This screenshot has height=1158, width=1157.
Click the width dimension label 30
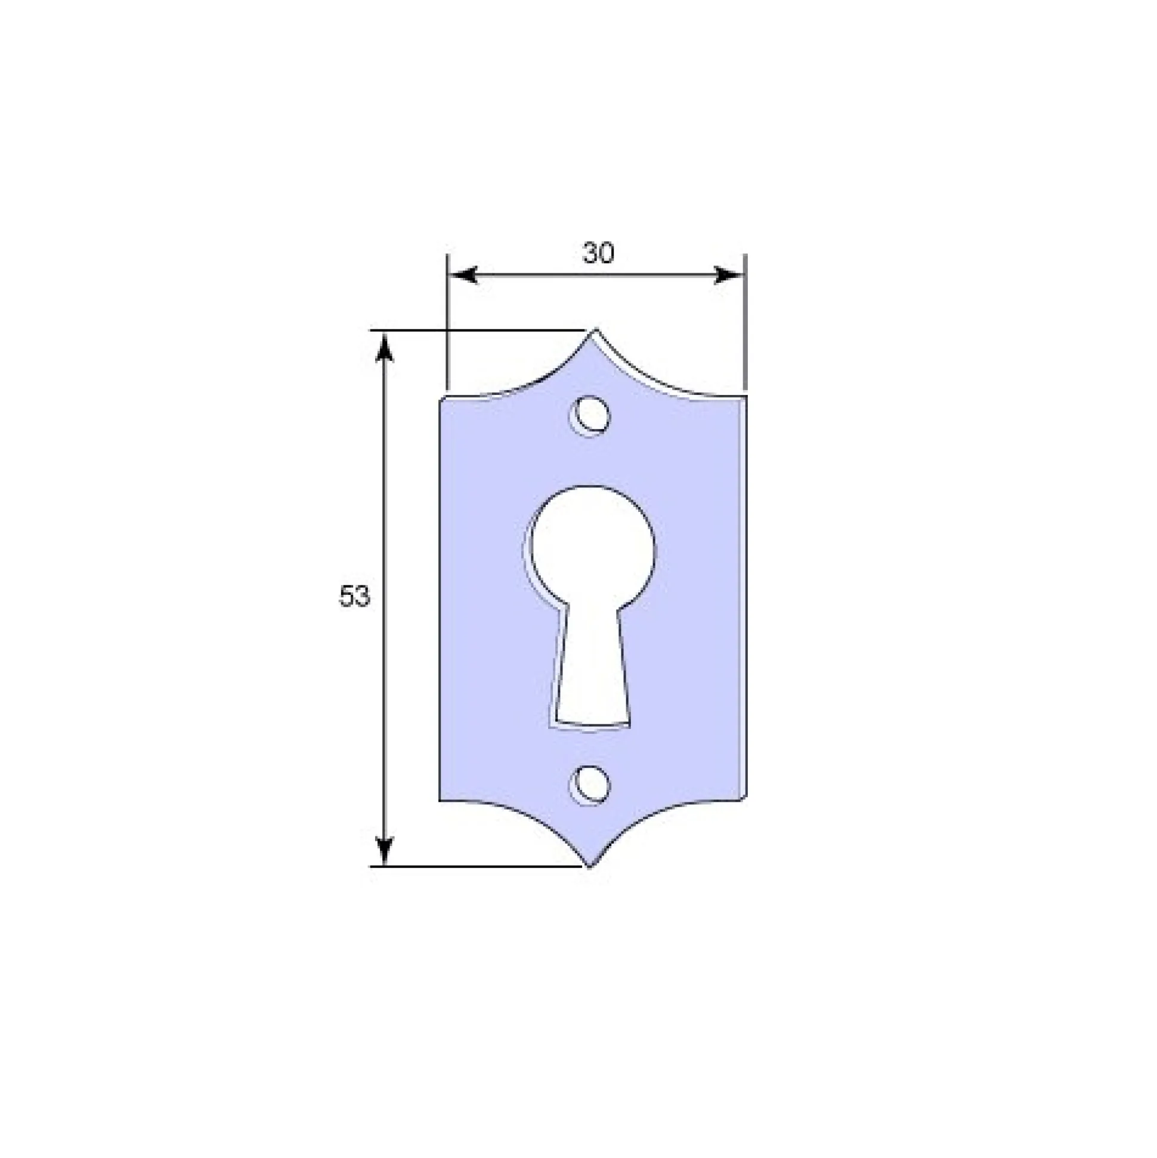click(x=598, y=254)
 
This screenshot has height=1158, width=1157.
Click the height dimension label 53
click(x=355, y=597)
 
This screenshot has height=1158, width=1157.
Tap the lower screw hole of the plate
click(x=590, y=785)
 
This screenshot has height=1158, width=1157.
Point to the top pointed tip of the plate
click(x=595, y=329)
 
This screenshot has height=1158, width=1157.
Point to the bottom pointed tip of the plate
click(x=590, y=867)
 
